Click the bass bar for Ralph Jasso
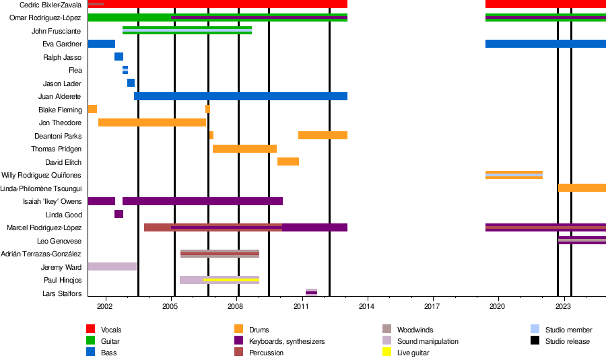[119, 57]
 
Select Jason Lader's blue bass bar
[131, 83]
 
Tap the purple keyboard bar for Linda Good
[119, 214]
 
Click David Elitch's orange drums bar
[288, 161]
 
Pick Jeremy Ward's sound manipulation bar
[112, 266]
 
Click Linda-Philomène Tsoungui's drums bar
[582, 188]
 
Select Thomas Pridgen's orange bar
[244, 149]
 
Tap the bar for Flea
[125, 70]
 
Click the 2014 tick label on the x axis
[366, 307]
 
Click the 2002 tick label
[105, 307]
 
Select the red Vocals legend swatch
[90, 329]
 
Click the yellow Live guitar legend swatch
[386, 352]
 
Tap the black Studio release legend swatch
[535, 340]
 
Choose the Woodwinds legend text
[415, 330]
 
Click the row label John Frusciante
[56, 31]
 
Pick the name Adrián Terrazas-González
[41, 254]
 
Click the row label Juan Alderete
[59, 97]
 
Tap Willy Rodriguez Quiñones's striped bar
[514, 174]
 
